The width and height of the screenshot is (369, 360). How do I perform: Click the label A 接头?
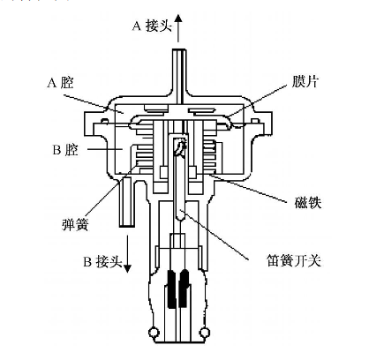(x=152, y=26)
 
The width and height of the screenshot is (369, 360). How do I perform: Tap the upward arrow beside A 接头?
(x=178, y=28)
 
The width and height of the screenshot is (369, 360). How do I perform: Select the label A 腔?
(x=60, y=82)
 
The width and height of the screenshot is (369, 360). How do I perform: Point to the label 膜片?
(x=305, y=81)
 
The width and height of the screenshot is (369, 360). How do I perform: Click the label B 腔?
(x=65, y=150)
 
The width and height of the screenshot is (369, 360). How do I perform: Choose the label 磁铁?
(x=308, y=203)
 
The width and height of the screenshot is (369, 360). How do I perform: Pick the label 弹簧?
(x=75, y=225)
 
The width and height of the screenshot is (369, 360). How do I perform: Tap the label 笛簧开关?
(x=294, y=260)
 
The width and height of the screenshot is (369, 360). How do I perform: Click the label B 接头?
(x=102, y=261)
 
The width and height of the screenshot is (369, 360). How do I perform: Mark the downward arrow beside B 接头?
(x=127, y=254)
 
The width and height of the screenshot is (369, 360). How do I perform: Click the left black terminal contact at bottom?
(x=171, y=289)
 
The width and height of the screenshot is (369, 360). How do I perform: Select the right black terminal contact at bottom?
(x=184, y=289)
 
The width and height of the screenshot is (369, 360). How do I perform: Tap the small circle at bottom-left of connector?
(x=154, y=333)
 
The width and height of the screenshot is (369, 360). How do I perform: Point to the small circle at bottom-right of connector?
(x=205, y=333)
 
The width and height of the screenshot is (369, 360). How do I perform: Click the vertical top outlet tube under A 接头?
(x=179, y=76)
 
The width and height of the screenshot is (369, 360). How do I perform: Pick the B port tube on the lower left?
(x=127, y=202)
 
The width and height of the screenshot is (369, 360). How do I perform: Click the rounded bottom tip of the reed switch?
(x=179, y=217)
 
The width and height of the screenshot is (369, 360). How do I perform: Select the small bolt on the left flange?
(x=104, y=120)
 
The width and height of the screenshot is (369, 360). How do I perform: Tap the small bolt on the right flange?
(x=255, y=120)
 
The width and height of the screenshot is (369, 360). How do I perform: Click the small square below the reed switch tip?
(x=178, y=241)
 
